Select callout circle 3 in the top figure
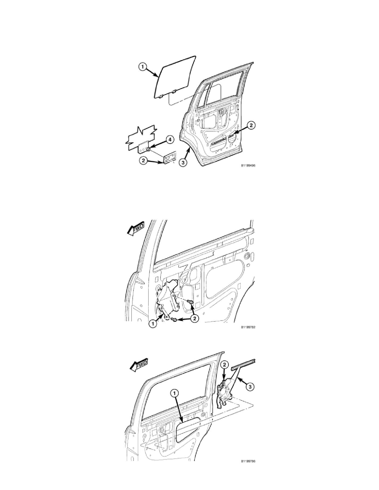click(x=182, y=163)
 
